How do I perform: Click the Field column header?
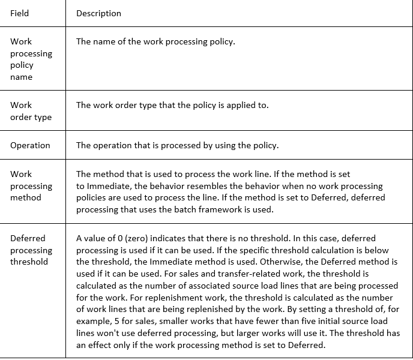[19, 13]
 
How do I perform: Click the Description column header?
[98, 13]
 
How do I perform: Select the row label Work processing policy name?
[31, 59]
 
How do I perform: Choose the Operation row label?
[30, 145]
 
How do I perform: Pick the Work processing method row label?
[31, 186]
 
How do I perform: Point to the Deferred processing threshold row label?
[31, 250]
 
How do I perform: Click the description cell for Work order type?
[172, 105]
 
